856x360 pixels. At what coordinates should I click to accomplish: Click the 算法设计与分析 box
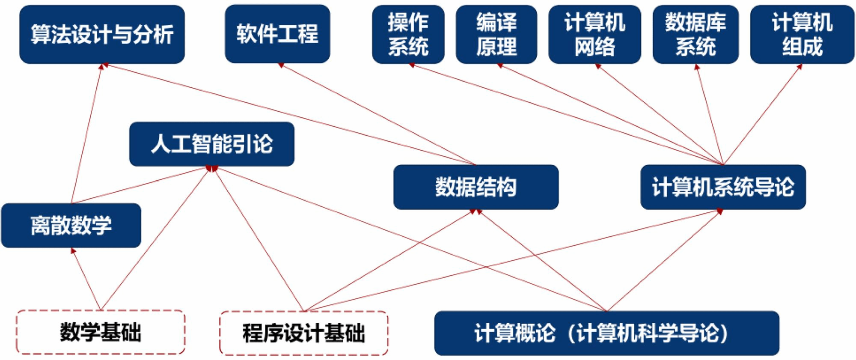(x=102, y=34)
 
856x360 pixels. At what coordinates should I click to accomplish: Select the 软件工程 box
(x=277, y=34)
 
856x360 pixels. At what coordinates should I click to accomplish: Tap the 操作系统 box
(x=408, y=34)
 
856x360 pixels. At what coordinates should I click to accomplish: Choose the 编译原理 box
(x=496, y=34)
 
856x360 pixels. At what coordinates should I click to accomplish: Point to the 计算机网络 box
(x=594, y=34)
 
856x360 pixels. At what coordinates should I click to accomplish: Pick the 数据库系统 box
(x=695, y=34)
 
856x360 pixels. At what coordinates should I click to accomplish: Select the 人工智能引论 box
(x=211, y=144)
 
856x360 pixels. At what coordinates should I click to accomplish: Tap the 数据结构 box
(x=476, y=187)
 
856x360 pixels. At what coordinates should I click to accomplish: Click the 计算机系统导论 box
(x=722, y=187)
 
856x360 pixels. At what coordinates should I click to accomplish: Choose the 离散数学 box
(x=71, y=225)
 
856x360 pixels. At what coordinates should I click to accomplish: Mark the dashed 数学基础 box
(x=101, y=332)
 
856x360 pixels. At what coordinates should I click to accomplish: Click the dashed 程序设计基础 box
(x=303, y=333)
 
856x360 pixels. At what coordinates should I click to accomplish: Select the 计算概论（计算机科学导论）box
(x=606, y=333)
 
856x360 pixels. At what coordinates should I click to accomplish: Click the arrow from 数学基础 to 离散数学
(x=86, y=279)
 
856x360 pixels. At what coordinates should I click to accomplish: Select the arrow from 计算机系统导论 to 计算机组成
(x=762, y=115)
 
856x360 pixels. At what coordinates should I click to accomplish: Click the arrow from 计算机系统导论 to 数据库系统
(x=710, y=115)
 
